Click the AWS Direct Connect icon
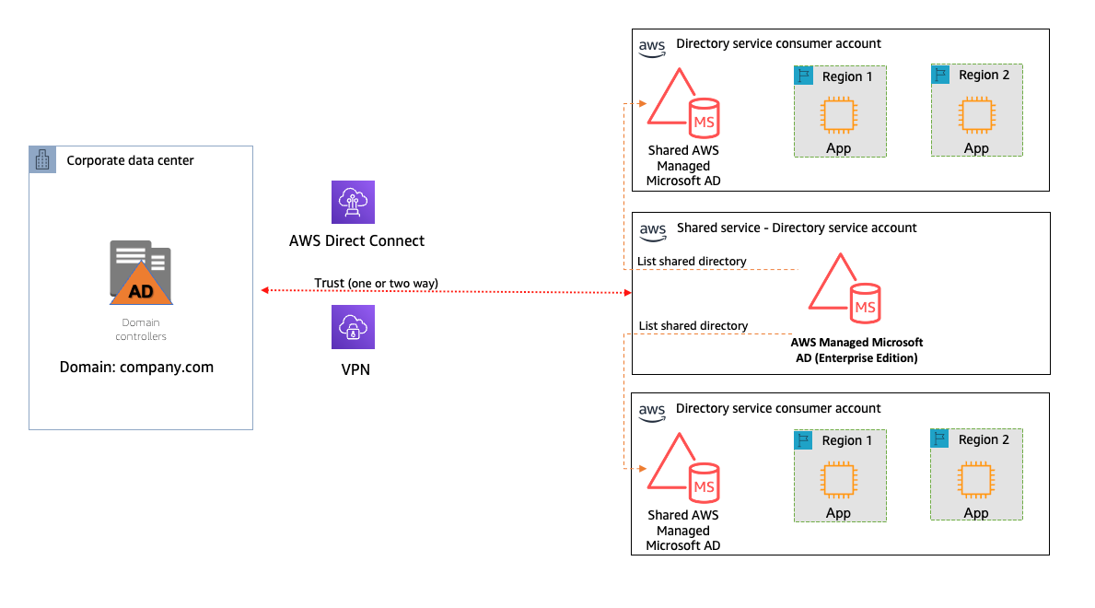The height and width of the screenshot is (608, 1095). (x=355, y=203)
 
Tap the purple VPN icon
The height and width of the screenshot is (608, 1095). (x=355, y=327)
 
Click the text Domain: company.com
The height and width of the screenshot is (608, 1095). (x=136, y=367)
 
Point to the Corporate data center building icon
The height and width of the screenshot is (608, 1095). (x=42, y=159)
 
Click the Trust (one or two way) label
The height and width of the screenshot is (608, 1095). (x=376, y=282)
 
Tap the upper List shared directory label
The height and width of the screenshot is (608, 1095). (x=692, y=262)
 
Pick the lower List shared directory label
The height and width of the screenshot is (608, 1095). (x=693, y=325)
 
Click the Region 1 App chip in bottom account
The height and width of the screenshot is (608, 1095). (x=838, y=481)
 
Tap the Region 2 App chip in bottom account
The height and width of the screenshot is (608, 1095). (x=975, y=481)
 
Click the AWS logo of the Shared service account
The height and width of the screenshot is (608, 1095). (x=652, y=229)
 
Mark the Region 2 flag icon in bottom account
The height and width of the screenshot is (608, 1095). (x=939, y=439)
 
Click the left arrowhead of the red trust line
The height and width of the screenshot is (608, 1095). (x=264, y=290)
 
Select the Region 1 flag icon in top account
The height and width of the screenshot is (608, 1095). (x=803, y=75)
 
